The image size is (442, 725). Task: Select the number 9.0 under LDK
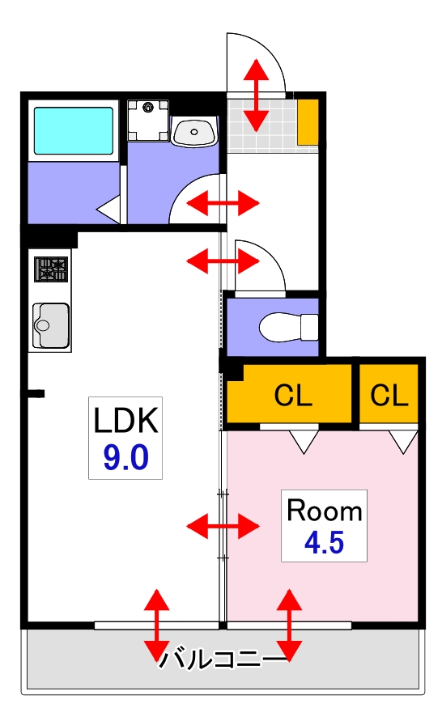pos(125,459)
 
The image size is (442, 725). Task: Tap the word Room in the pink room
pos(325,511)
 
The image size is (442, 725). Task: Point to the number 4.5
pos(324,543)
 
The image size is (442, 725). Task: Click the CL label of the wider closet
pos(293,395)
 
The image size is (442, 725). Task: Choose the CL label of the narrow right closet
pos(390,395)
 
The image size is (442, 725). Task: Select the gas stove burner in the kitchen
pos(51,269)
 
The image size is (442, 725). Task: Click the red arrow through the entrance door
pos(257,95)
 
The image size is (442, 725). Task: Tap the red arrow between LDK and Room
pos(223,528)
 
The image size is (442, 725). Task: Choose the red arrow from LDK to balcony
pos(156,625)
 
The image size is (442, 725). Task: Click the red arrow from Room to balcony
pos(289,625)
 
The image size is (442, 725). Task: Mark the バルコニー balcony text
pos(223,659)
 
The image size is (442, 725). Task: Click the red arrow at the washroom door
pos(223,202)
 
